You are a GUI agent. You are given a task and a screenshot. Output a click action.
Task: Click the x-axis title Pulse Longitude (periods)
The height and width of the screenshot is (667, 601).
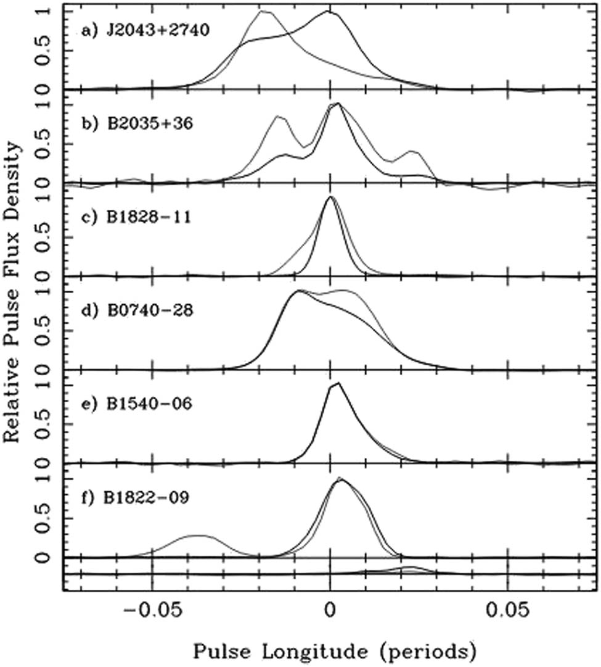tap(333, 650)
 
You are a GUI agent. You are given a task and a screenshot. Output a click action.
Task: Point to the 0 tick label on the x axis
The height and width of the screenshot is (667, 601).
tap(330, 615)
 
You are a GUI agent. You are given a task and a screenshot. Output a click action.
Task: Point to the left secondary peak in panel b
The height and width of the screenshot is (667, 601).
tap(277, 116)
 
